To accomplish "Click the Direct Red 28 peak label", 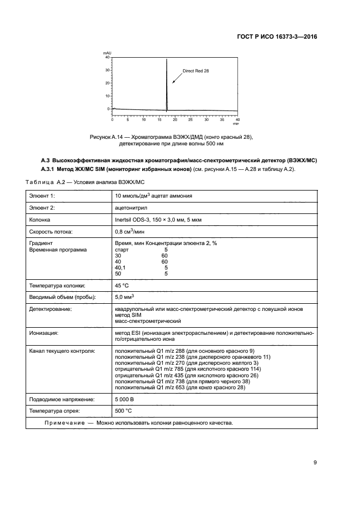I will pos(196,71).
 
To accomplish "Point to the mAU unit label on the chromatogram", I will pos(107,53).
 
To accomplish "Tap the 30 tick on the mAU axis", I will pos(108,70).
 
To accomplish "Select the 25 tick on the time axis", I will pos(190,119).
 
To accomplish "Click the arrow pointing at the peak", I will pos(176,78).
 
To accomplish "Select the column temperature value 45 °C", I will pos(123,285).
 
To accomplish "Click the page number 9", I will pos(315,463).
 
